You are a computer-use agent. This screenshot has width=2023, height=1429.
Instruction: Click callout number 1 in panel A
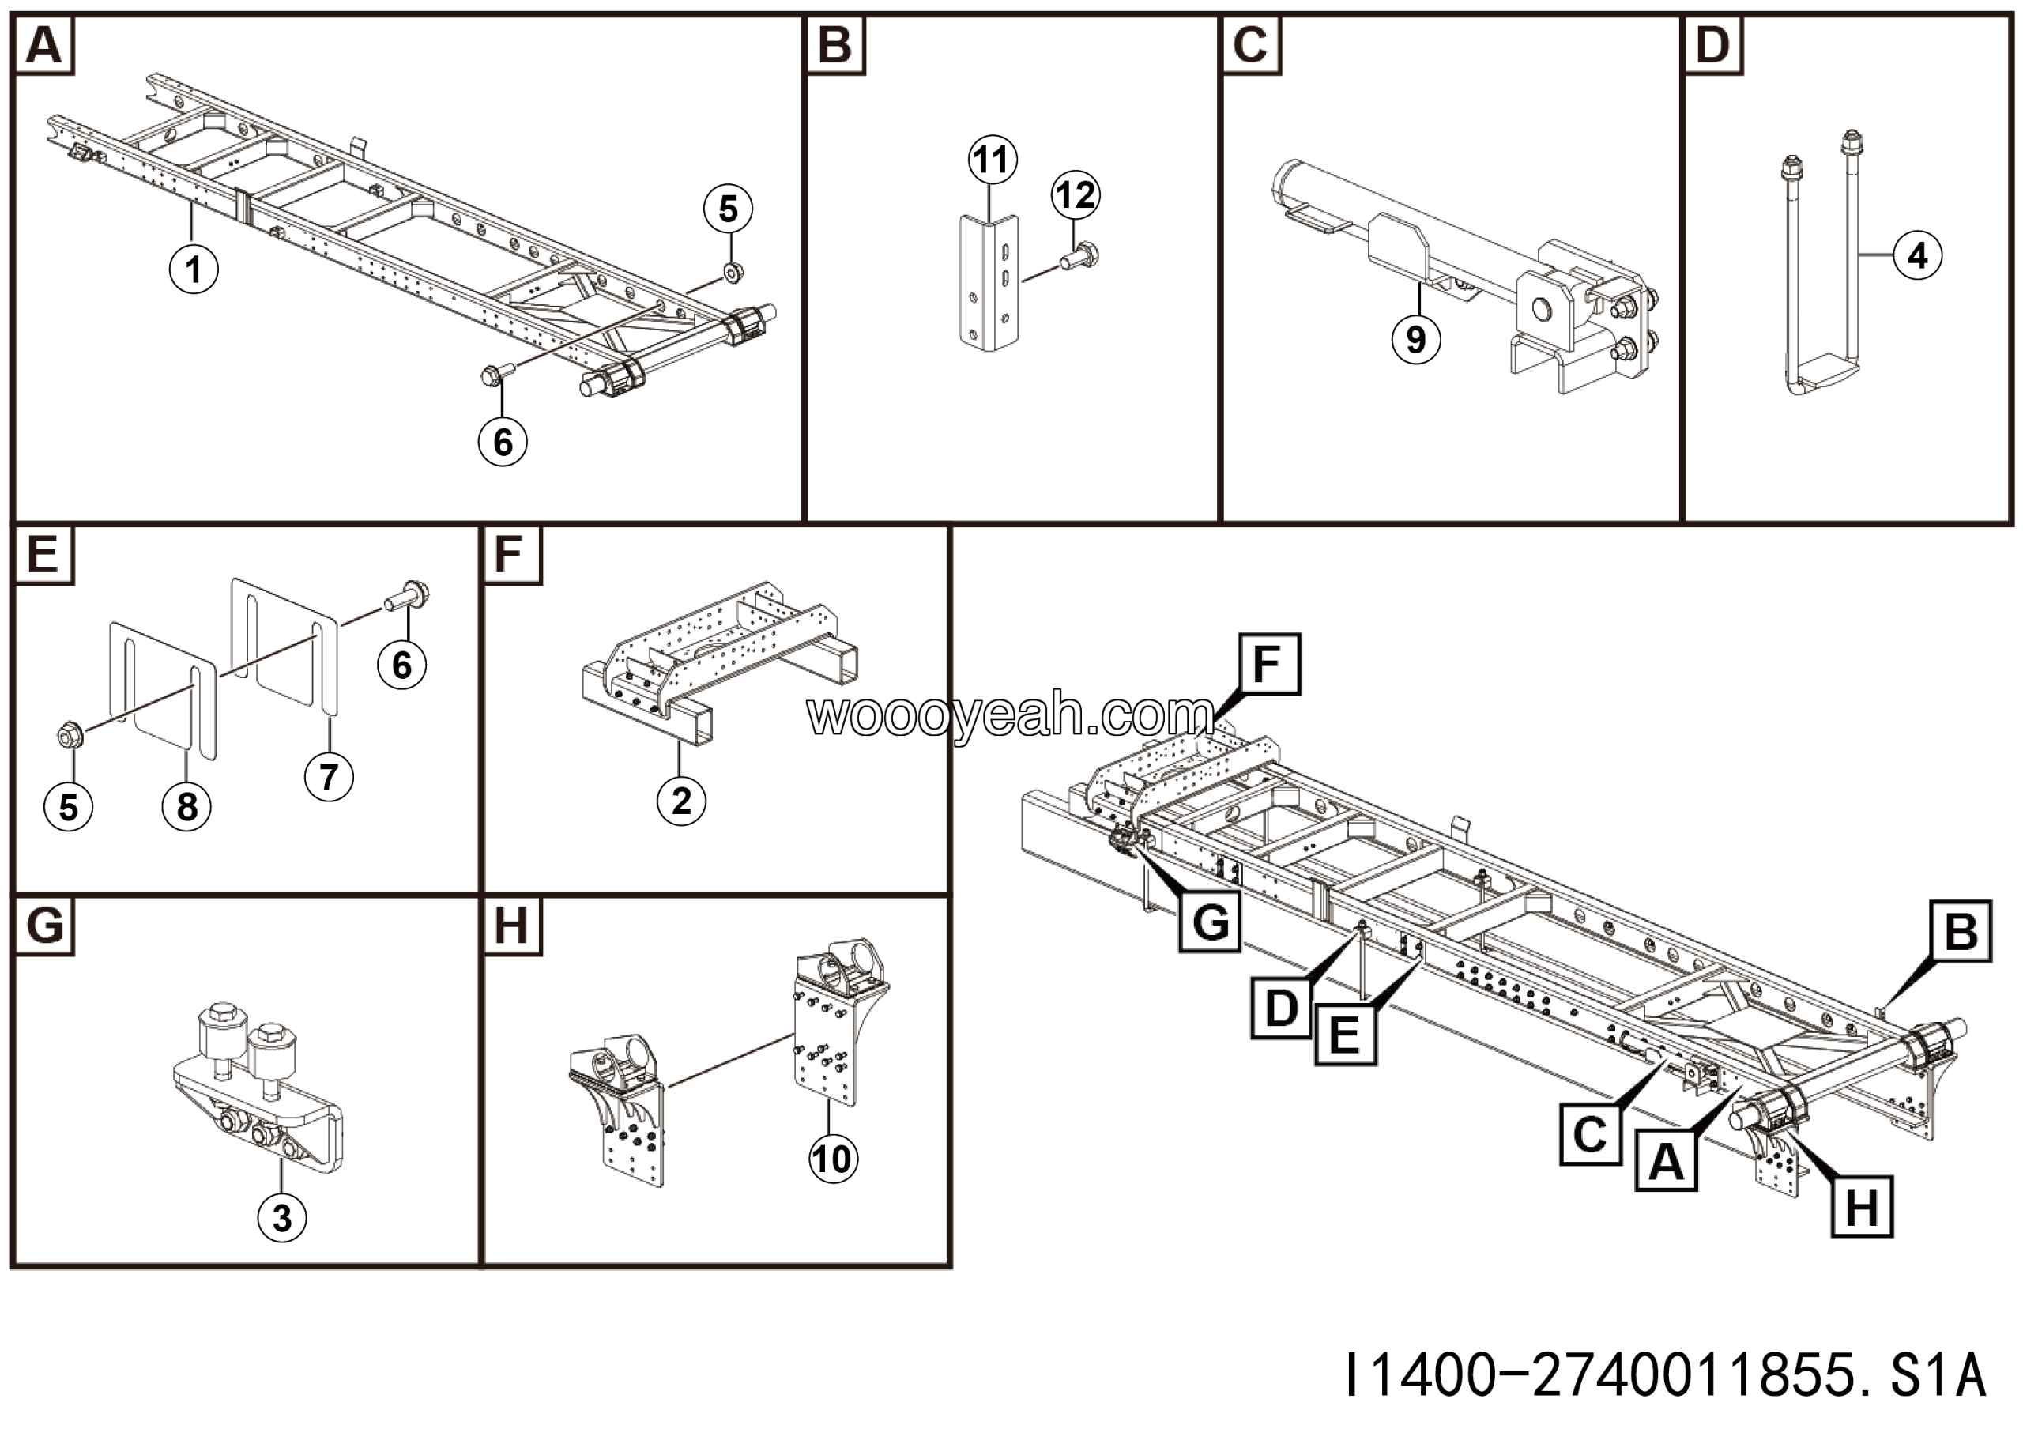pyautogui.click(x=194, y=269)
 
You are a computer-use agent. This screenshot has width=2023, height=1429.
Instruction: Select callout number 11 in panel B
pyautogui.click(x=992, y=160)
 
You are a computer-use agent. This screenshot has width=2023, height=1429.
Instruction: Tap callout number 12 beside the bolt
pyautogui.click(x=1075, y=194)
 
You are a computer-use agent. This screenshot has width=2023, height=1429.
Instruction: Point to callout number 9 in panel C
pyautogui.click(x=1416, y=339)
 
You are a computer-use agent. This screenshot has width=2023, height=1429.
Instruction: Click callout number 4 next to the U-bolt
pyautogui.click(x=1917, y=255)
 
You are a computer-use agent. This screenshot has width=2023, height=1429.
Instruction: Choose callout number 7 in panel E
pyautogui.click(x=329, y=777)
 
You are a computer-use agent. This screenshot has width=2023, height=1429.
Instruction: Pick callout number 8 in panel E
pyautogui.click(x=186, y=806)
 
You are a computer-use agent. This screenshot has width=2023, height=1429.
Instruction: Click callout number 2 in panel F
pyautogui.click(x=681, y=801)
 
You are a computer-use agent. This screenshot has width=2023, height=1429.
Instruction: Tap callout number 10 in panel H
pyautogui.click(x=833, y=1159)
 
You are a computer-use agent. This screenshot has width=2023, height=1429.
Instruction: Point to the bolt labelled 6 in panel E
pyautogui.click(x=407, y=598)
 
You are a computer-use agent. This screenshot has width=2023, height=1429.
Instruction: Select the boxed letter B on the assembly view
pyautogui.click(x=1961, y=931)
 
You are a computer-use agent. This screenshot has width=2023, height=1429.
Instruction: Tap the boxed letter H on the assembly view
pyautogui.click(x=1862, y=1206)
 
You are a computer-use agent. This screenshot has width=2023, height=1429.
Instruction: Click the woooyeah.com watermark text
pyautogui.click(x=1010, y=715)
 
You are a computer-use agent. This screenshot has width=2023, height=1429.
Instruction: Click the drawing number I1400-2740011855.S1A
pyautogui.click(x=1665, y=1375)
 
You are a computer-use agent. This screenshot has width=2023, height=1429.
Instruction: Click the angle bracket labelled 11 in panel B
pyautogui.click(x=989, y=282)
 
